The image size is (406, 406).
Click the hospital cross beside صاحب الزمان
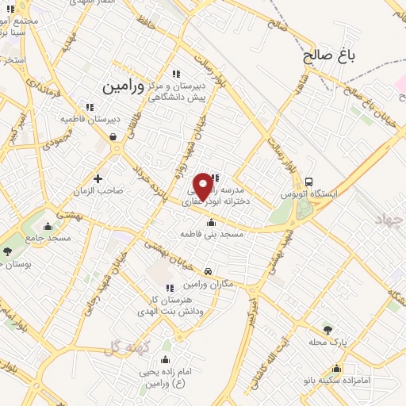tap(98, 178)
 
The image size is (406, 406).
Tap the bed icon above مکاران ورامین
tap(208, 271)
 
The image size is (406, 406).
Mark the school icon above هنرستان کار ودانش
tap(167, 287)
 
